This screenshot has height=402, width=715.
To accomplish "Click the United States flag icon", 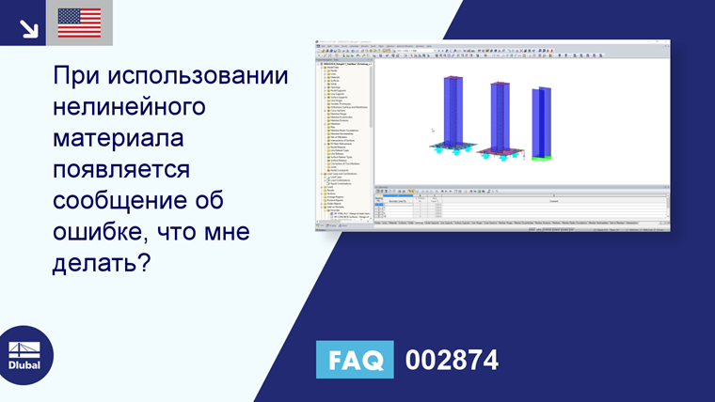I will (79, 23).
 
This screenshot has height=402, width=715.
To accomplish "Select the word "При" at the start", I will (76, 75).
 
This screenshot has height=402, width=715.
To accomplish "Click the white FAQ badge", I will (355, 360).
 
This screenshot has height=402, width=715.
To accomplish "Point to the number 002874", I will (452, 360).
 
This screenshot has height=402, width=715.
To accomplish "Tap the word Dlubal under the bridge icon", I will (25, 365).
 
